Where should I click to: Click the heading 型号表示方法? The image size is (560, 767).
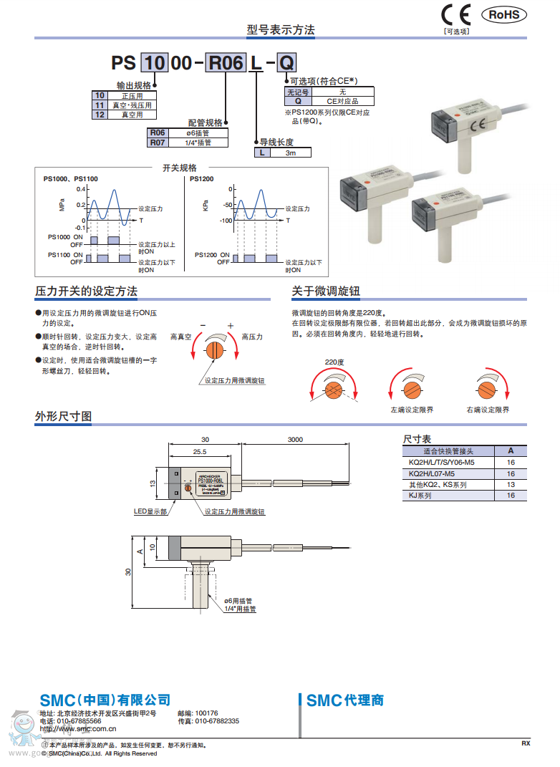coord(281,30)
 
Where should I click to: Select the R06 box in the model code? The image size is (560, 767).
coord(226,63)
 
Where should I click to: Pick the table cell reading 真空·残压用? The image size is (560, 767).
coord(132,105)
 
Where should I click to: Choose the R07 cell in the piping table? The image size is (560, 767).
coord(157,142)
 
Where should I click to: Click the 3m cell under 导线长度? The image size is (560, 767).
coord(291,153)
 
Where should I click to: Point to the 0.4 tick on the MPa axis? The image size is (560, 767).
coord(82,189)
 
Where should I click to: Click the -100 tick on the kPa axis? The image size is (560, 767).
coord(227,221)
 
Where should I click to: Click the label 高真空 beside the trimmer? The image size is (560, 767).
coord(180,336)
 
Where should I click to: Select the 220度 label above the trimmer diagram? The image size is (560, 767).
coord(334,362)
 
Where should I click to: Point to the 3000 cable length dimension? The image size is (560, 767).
coord(295,440)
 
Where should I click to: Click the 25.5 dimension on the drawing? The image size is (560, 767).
coord(199,452)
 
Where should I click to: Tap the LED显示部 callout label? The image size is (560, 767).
coord(150,511)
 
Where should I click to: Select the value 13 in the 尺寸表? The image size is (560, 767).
coord(511,484)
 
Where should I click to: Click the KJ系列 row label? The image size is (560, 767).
coord(420,495)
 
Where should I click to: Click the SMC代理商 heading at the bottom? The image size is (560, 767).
coord(344,700)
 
